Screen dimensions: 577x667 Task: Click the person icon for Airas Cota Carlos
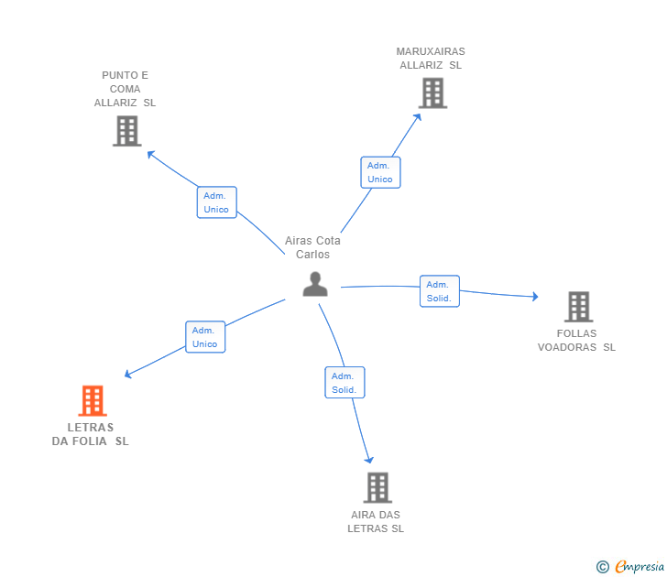(315, 285)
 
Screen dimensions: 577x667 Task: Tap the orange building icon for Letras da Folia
(92, 401)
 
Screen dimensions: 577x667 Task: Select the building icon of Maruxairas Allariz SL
(432, 93)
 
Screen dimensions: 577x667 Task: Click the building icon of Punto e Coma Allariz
(126, 131)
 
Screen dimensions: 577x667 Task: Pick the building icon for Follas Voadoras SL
(578, 307)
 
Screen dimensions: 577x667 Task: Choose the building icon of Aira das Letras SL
(377, 487)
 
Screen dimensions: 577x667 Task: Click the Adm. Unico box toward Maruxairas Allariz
(380, 172)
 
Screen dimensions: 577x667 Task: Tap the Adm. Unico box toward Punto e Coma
(217, 202)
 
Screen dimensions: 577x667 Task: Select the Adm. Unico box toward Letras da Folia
(205, 337)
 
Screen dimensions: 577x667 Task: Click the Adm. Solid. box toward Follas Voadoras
(439, 291)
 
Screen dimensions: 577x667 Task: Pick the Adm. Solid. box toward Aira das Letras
(344, 383)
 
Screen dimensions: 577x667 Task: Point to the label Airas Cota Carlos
(312, 247)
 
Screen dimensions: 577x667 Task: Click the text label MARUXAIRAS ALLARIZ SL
(431, 59)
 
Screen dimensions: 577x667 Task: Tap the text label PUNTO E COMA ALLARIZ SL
(126, 89)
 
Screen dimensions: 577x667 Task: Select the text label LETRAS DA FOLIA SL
(91, 434)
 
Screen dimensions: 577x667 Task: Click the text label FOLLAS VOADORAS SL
(576, 341)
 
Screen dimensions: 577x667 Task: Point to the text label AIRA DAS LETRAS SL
(376, 521)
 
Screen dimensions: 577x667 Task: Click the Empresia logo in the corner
(639, 566)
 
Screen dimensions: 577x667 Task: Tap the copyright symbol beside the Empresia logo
(602, 567)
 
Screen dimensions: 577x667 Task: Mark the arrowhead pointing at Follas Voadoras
(535, 297)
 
